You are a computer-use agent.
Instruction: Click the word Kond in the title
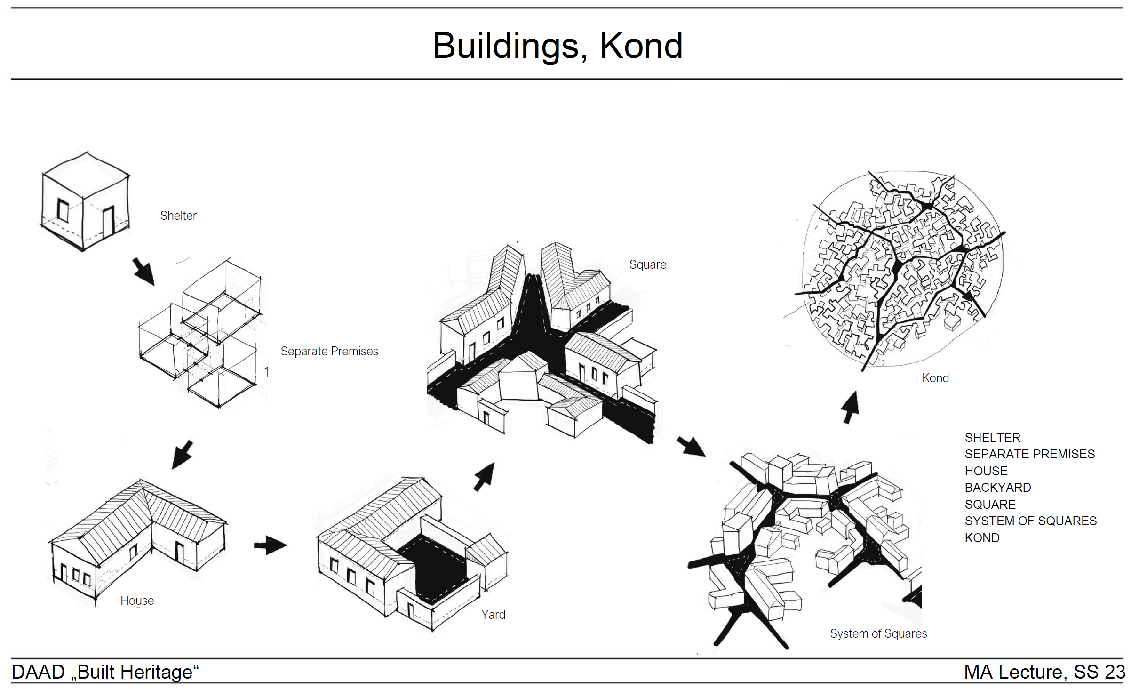pos(641,46)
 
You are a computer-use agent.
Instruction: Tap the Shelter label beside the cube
pos(178,216)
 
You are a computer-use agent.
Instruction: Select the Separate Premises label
pos(329,351)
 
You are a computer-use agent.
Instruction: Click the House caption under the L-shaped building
pos(137,601)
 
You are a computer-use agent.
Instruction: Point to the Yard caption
pos(493,615)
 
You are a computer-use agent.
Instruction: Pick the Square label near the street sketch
pos(647,264)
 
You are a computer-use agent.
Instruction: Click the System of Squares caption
pos(878,633)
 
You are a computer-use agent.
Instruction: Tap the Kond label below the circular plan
pos(935,378)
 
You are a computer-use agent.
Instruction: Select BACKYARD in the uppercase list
pos(997,488)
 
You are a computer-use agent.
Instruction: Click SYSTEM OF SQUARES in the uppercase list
pos(1030,521)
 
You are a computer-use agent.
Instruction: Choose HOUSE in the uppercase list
pos(986,471)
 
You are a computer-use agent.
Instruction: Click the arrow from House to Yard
pos(270,545)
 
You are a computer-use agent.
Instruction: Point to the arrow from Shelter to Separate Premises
pos(143,271)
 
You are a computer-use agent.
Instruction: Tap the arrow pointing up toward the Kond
pos(850,408)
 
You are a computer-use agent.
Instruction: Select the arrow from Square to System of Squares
pos(691,446)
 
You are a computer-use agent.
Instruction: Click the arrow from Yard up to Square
pos(485,476)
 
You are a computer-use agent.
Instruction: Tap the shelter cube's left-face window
pos(63,210)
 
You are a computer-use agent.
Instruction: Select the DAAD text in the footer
pos(38,672)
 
